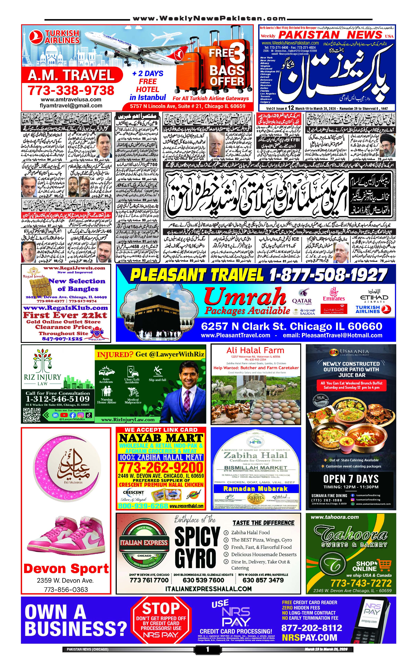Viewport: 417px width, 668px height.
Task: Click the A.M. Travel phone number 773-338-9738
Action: [71, 90]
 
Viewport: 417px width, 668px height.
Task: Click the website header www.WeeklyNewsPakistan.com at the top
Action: [209, 19]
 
